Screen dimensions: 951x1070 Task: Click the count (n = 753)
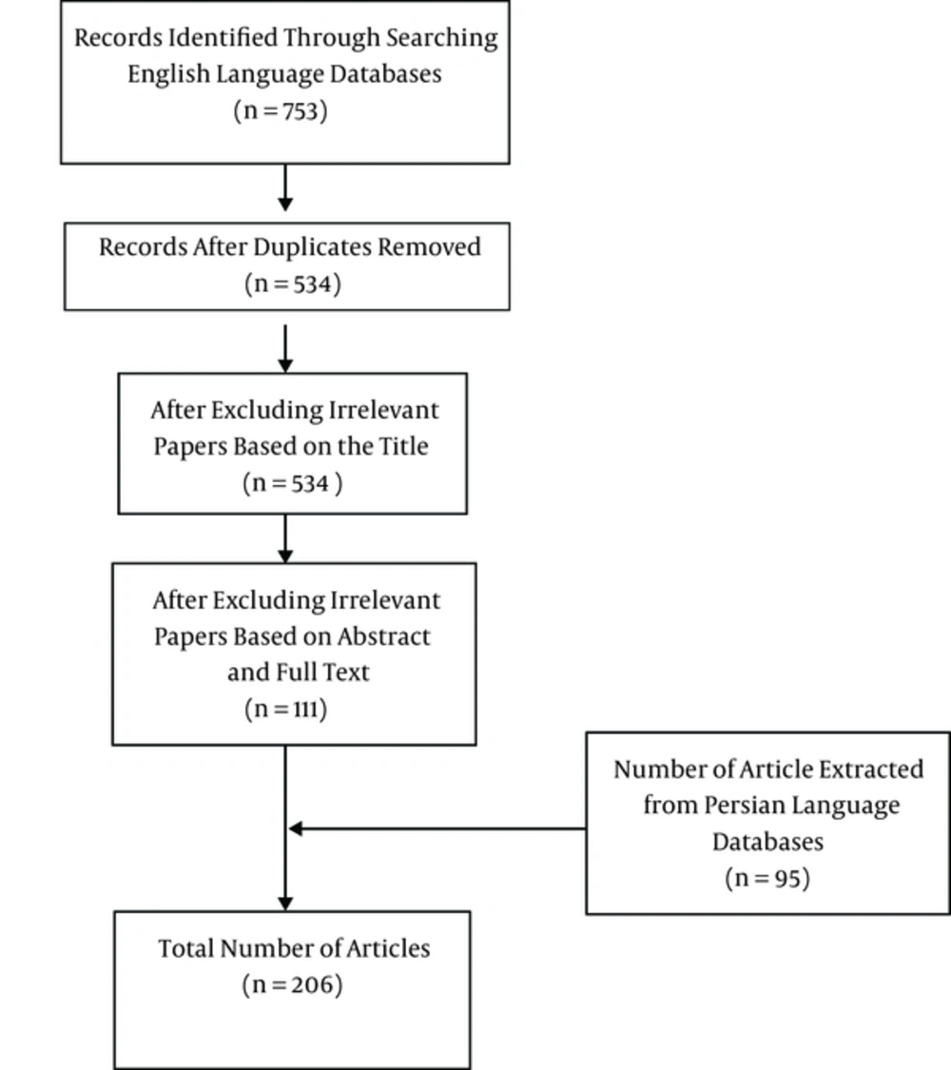281,110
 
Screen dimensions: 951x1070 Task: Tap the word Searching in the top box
442,38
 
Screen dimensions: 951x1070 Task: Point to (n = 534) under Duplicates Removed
293,283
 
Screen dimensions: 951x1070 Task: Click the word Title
404,446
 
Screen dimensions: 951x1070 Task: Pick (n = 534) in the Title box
293,483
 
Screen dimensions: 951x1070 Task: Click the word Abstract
383,636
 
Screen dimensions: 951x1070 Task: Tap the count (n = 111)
286,709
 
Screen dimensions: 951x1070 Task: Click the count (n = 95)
767,878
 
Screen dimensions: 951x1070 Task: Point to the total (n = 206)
292,984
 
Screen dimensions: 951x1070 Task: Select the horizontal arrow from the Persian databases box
437,828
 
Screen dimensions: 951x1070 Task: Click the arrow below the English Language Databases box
285,187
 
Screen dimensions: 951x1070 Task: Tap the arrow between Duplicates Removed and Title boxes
285,348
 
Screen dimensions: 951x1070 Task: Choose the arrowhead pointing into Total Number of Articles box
285,904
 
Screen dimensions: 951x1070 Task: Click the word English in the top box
168,74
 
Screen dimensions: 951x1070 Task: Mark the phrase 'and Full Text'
298,672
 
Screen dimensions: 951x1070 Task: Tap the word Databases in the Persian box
767,842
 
